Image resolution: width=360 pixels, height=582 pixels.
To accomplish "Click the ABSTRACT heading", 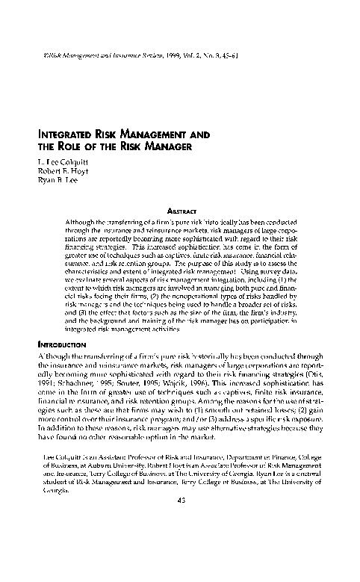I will pos(183,211).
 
